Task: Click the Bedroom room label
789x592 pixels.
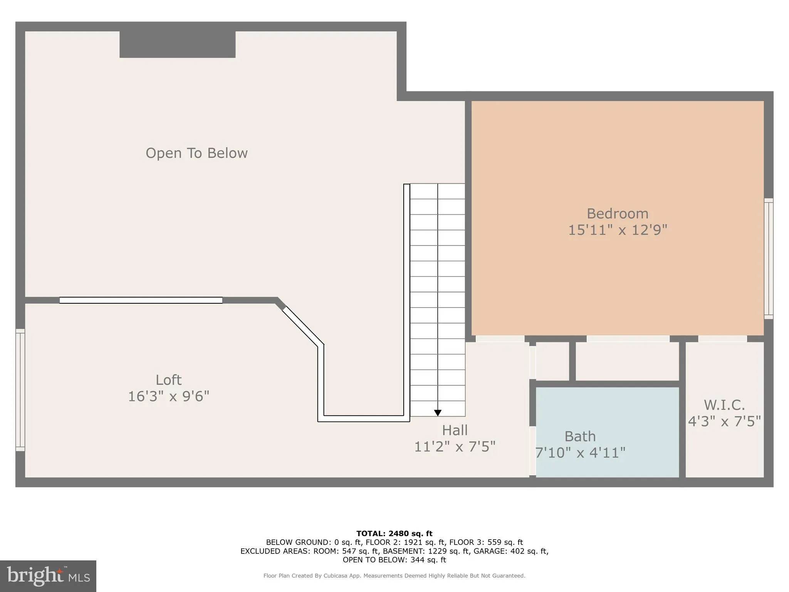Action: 617,214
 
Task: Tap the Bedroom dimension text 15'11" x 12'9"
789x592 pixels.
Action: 617,230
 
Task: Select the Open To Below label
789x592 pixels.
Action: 196,153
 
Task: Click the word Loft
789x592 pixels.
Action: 168,380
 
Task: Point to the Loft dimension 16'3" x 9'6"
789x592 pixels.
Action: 168,396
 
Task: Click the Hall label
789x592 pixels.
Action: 455,430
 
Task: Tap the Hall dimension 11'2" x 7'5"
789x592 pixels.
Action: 455,447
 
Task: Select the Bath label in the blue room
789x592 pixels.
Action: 580,436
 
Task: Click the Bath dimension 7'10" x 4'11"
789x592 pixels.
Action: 580,452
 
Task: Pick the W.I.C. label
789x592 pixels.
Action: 724,405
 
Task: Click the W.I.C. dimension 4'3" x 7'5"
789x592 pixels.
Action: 724,421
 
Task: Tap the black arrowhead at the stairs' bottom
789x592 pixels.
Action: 438,413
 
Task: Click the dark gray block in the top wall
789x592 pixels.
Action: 177,44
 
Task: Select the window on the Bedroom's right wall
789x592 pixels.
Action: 768,259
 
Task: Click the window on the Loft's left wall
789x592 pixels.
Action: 20,390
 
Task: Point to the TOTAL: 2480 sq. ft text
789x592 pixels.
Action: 394,533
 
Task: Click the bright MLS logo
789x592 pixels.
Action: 48,576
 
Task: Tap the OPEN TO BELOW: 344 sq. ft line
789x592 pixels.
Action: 394,560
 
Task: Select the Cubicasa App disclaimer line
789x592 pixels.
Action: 394,576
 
